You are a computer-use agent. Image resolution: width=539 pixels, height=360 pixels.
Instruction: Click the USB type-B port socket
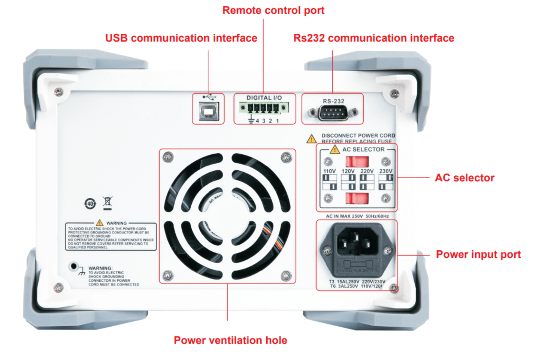click(207, 112)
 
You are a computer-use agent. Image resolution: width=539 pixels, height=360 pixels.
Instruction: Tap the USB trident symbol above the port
click(207, 97)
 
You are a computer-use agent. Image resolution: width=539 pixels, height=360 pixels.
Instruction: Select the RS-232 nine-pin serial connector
click(332, 112)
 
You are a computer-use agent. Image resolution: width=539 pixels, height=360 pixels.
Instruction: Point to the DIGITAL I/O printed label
click(265, 98)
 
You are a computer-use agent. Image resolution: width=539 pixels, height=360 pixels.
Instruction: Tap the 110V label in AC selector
click(330, 172)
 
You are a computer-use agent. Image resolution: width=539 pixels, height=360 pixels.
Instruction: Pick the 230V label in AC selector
click(386, 172)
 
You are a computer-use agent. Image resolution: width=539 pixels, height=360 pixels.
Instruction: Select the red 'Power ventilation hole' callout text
click(231, 340)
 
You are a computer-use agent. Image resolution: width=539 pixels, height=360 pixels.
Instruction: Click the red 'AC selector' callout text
click(464, 178)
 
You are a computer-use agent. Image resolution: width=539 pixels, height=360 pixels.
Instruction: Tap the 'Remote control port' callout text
click(273, 10)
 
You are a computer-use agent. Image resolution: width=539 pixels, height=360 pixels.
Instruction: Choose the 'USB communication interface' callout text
click(181, 38)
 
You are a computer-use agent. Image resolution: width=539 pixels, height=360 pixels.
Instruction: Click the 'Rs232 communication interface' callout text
click(374, 38)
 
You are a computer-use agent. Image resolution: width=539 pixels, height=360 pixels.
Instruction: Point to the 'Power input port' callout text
click(479, 255)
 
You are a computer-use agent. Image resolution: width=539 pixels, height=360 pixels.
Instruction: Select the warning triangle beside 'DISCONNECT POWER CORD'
click(311, 138)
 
